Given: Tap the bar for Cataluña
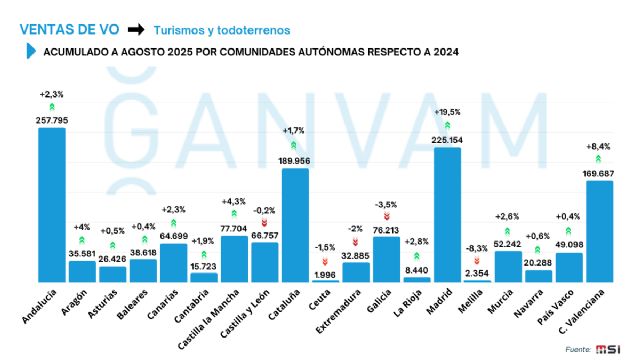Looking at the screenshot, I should click(x=295, y=225).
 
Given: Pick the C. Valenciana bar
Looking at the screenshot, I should click(x=599, y=231).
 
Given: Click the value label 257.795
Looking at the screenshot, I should click(x=52, y=120).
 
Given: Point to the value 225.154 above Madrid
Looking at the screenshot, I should click(x=447, y=141).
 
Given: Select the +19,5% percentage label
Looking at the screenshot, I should click(x=447, y=111).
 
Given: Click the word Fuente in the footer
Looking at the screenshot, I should click(x=577, y=348).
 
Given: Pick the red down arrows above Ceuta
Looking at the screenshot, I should click(x=325, y=261).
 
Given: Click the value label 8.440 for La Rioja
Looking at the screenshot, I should click(x=417, y=268).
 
